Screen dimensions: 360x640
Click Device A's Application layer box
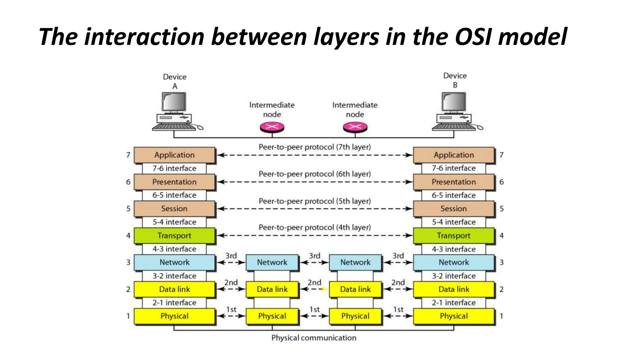[x=174, y=155]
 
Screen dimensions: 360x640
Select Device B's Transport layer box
[x=453, y=236]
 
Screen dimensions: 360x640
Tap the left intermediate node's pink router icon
[x=272, y=127]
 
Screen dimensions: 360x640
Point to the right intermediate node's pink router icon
[x=355, y=127]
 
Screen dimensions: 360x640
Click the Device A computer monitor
[x=174, y=102]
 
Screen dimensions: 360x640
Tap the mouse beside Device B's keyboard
[x=480, y=127]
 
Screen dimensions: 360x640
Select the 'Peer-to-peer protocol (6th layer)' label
[x=314, y=174]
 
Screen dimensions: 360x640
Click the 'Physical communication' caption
[x=313, y=338]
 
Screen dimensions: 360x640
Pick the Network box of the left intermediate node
[x=272, y=262]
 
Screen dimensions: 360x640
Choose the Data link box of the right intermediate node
[x=355, y=289]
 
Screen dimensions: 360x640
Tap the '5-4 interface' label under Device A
[x=174, y=222]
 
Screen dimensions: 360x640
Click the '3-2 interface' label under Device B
[x=453, y=276]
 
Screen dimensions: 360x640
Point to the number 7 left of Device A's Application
[x=128, y=155]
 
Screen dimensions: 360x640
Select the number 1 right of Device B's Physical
[x=501, y=316]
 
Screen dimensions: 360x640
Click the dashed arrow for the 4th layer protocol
[x=314, y=236]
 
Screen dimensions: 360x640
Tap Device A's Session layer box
[x=174, y=209]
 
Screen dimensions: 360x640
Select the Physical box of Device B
[x=453, y=316]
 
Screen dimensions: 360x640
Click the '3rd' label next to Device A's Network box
[x=231, y=256]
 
